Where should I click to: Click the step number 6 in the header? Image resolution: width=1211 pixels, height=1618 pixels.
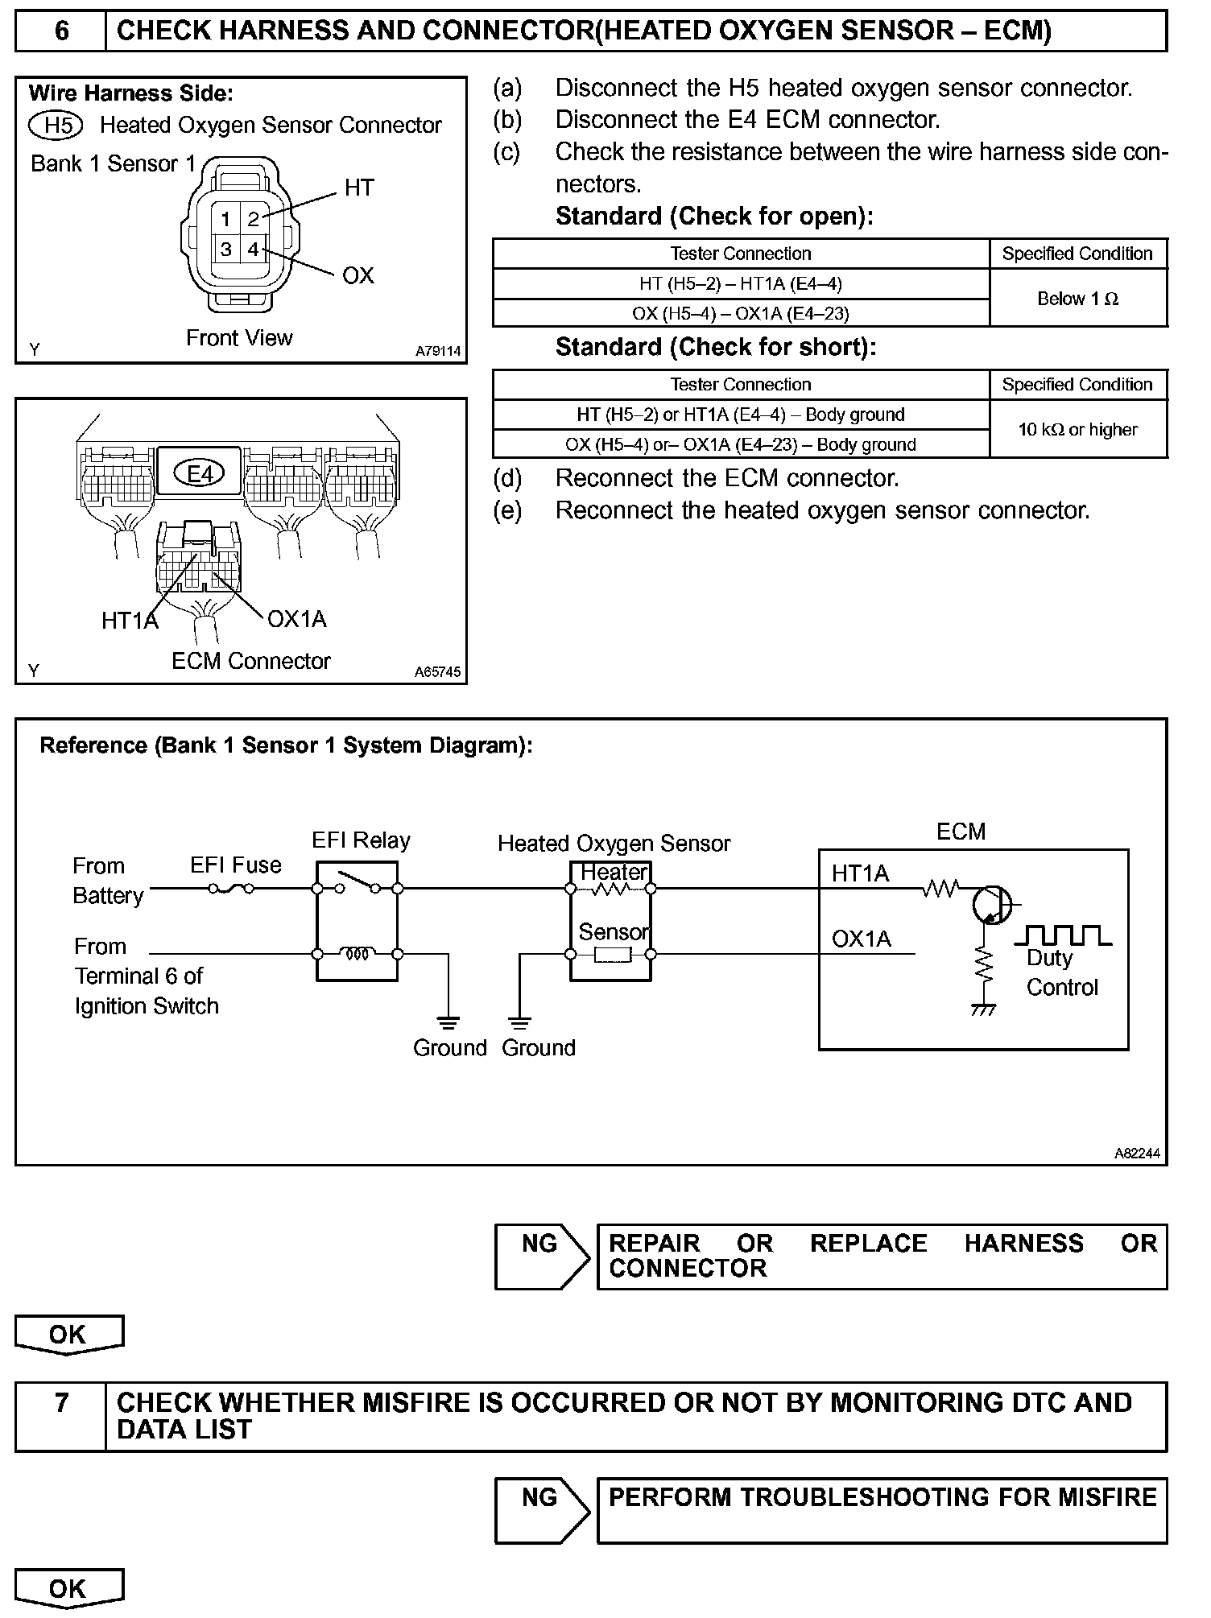click(61, 31)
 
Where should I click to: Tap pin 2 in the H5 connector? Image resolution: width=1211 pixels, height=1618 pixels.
click(253, 219)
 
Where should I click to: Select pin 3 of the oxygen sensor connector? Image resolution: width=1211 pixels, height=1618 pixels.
click(226, 250)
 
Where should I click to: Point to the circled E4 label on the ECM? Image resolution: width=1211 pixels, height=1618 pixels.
click(200, 474)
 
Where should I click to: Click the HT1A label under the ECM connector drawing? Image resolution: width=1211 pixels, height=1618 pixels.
click(129, 621)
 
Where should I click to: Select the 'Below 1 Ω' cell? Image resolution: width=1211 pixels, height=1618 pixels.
click(1077, 299)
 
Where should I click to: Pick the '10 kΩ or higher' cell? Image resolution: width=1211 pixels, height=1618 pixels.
click(1077, 430)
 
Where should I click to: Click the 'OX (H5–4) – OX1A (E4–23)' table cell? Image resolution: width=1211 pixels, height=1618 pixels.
click(740, 313)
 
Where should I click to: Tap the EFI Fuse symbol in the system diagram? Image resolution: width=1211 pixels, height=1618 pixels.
click(232, 889)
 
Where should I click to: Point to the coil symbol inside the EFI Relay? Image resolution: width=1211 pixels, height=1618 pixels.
click(357, 954)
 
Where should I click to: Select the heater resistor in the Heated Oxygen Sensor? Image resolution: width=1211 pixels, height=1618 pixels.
click(610, 889)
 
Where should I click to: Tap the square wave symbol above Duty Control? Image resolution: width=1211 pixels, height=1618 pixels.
click(1063, 935)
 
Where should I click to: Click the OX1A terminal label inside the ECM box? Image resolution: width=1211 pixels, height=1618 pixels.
click(861, 939)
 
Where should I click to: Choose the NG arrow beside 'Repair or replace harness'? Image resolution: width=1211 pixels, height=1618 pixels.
click(541, 1256)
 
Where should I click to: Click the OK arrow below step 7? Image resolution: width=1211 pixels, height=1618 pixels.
click(68, 1587)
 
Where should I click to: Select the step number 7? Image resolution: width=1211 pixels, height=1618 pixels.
click(61, 1403)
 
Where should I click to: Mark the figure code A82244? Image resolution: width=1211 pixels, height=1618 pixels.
click(1137, 1154)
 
